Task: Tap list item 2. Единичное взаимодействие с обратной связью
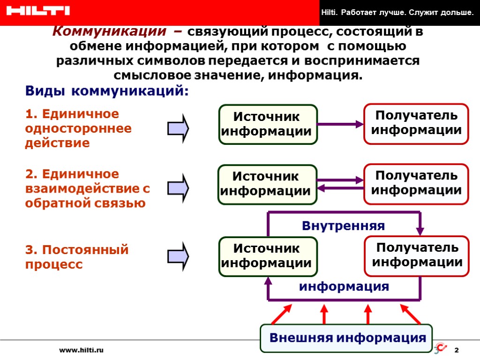point(87,188)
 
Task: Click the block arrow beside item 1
point(179,127)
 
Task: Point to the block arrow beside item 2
point(179,187)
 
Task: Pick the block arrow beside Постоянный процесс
point(179,256)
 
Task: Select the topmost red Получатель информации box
point(416,123)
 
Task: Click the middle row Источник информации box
point(267,184)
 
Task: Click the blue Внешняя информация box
point(347,338)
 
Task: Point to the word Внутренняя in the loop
point(343,226)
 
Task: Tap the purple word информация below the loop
point(344,286)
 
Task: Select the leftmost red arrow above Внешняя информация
point(281,314)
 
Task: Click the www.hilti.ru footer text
point(81,350)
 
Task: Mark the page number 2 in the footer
point(457,351)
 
